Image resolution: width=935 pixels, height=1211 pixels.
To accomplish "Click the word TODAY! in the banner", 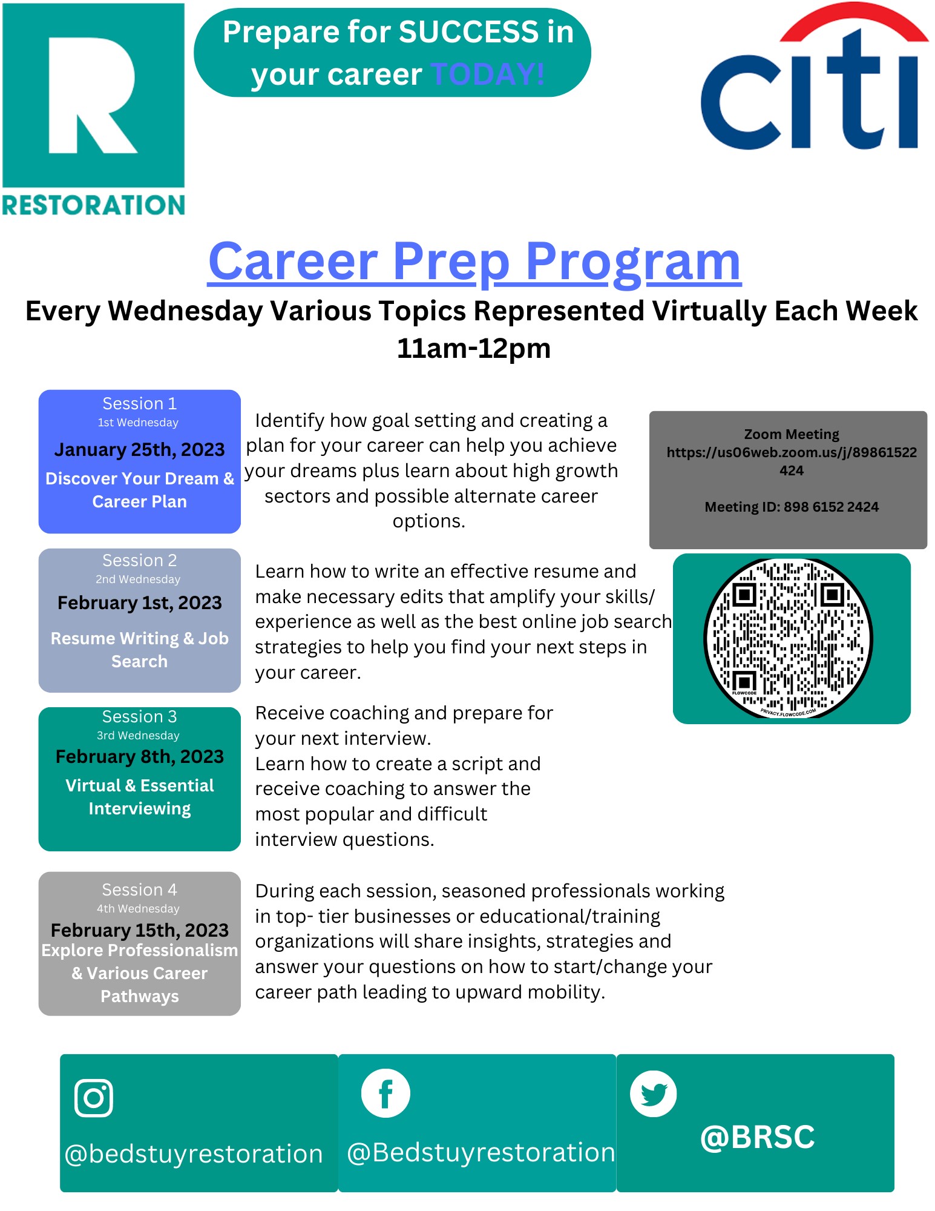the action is [x=488, y=74].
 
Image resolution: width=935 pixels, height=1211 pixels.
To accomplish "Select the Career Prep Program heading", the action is [x=474, y=262].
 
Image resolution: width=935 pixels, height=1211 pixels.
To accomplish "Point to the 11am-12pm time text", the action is [x=474, y=349].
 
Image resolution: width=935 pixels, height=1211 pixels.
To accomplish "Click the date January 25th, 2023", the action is [x=139, y=450].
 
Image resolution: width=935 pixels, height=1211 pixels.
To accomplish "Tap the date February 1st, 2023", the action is [x=140, y=603].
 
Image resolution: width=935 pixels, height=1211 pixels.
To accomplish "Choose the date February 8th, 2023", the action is [x=140, y=757].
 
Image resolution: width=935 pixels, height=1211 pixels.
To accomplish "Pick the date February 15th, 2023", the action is [x=140, y=930].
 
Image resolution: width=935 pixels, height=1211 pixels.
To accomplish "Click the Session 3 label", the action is [x=139, y=717].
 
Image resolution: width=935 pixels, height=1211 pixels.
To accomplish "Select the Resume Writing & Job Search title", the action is [x=140, y=650].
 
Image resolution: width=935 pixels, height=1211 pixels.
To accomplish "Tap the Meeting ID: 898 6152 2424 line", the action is [x=792, y=507].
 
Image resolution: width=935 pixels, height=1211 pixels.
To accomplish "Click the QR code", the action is [x=789, y=638].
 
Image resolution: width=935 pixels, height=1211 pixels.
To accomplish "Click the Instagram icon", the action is [x=94, y=1098].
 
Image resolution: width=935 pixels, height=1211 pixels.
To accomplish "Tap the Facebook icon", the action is [x=385, y=1093].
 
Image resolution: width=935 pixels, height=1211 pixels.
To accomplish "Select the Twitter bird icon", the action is [x=654, y=1094].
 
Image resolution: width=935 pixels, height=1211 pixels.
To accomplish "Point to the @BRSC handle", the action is [x=758, y=1137].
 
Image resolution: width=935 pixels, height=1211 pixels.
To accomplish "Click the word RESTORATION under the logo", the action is [x=94, y=205].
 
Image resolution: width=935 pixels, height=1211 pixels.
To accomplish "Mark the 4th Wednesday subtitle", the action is [x=138, y=909].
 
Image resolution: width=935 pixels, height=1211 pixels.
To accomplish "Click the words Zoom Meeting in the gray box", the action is [x=792, y=434].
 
